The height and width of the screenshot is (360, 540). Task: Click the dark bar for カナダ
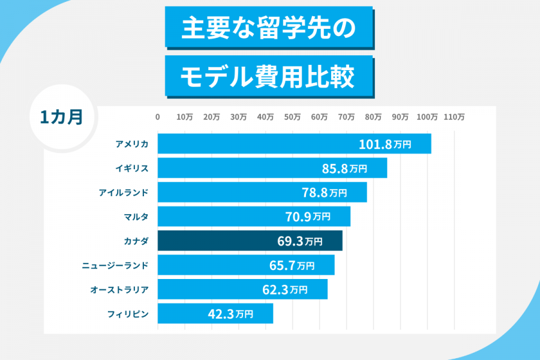(x=250, y=241)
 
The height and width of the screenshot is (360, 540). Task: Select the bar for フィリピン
(x=215, y=313)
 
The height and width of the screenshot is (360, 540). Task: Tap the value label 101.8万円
(x=385, y=144)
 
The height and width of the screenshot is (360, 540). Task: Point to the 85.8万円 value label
(x=344, y=169)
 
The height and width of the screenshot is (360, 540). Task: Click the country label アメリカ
(x=132, y=144)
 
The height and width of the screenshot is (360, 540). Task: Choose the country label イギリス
(x=132, y=169)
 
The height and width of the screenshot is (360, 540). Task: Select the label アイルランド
(x=124, y=193)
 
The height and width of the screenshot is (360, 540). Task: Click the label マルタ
(x=136, y=217)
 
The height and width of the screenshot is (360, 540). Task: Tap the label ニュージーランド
(x=115, y=265)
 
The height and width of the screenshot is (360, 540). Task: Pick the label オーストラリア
(x=119, y=289)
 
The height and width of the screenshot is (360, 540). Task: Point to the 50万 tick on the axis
(x=292, y=117)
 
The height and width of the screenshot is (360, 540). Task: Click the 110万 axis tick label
(x=454, y=117)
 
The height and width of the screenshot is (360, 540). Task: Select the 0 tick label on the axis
(x=158, y=117)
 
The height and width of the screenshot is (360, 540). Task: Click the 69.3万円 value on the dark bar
(x=299, y=241)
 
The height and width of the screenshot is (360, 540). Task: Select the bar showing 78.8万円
(x=262, y=193)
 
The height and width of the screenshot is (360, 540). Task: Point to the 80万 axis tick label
(x=373, y=117)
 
